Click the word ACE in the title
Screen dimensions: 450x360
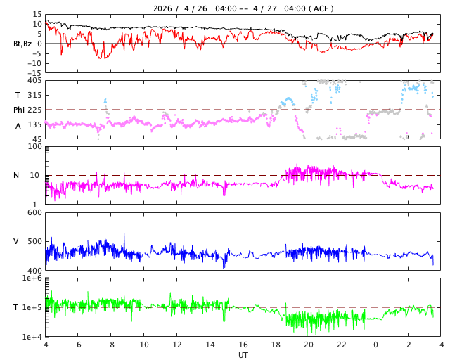pos(321,8)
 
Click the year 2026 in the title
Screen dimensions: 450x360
pos(162,8)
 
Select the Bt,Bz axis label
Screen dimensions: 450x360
pos(22,44)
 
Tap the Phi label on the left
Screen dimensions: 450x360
pos(19,110)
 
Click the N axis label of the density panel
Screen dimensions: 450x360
pos(16,175)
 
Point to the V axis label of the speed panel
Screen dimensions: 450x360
pos(16,241)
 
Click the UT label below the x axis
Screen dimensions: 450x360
pos(243,355)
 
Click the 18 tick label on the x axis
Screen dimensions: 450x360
pos(276,345)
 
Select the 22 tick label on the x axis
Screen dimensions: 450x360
pos(342,345)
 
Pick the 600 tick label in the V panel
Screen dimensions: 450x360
pos(34,213)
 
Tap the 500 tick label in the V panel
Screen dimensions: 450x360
pos(34,241)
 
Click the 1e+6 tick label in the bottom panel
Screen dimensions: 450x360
pos(32,278)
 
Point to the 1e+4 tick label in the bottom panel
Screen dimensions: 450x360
pos(32,337)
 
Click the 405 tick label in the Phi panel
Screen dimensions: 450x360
pos(34,81)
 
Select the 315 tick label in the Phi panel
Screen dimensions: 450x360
pos(34,95)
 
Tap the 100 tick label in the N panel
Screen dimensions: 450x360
pos(34,147)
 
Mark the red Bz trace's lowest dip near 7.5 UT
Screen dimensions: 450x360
pos(105,58)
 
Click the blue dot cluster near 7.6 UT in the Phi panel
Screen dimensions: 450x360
pos(105,101)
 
